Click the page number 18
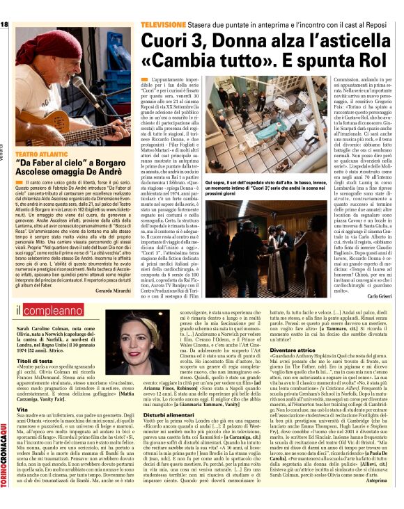6,25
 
